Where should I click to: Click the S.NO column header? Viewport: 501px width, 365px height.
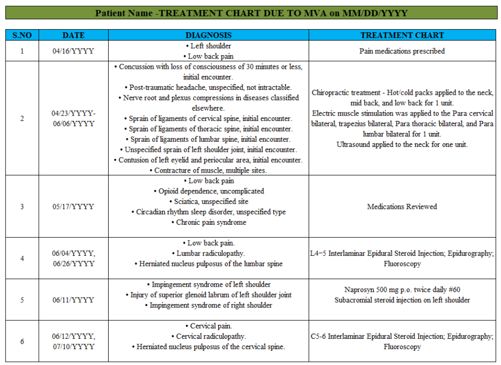click(22, 35)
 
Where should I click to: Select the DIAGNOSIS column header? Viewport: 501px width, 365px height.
click(208, 35)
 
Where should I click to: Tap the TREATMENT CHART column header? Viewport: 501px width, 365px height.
click(402, 35)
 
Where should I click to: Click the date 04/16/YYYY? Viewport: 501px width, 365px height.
click(73, 51)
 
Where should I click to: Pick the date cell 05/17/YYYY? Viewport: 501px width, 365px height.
click(73, 206)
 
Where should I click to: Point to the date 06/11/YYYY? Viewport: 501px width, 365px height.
click(73, 300)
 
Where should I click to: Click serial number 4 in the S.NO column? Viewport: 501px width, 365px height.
click(22, 258)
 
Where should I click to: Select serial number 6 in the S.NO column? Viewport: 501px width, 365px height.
click(22, 342)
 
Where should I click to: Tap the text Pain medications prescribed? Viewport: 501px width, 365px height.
click(402, 51)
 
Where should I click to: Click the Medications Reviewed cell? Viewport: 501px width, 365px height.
click(402, 206)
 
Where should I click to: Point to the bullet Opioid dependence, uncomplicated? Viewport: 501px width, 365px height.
click(209, 191)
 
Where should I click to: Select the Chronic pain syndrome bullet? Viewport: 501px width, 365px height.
click(209, 222)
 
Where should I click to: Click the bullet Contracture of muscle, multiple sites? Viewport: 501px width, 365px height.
click(208, 170)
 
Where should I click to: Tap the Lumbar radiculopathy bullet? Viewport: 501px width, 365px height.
click(208, 253)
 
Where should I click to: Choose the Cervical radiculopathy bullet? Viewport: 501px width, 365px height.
click(208, 336)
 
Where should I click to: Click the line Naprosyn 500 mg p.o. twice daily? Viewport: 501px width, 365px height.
click(402, 290)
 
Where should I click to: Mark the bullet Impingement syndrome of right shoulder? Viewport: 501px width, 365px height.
click(209, 305)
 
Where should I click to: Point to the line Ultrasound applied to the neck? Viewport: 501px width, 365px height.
click(402, 144)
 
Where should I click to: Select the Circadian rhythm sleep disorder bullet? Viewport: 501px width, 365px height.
click(209, 212)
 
